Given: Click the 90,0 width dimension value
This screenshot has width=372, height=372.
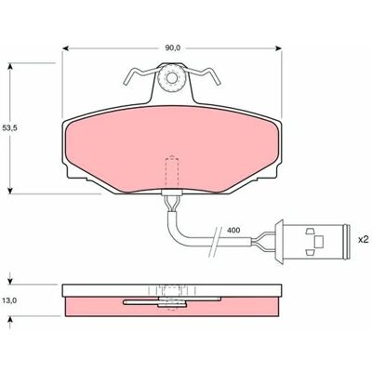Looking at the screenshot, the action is (x=171, y=48).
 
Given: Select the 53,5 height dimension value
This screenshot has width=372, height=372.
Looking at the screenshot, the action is (x=9, y=128).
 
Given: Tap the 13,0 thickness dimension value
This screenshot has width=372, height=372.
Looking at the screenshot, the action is (x=9, y=300).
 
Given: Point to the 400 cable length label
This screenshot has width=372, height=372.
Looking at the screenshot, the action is (x=232, y=231).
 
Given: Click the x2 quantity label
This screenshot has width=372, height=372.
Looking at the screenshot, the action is (x=363, y=239).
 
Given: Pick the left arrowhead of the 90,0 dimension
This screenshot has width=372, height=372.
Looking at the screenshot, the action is (x=65, y=48).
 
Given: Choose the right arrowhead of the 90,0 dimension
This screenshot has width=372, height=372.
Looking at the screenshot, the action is (x=279, y=48).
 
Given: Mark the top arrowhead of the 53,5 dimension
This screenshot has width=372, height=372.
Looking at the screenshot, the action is (x=10, y=66).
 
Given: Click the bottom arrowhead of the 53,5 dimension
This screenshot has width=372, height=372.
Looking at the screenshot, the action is (x=10, y=191).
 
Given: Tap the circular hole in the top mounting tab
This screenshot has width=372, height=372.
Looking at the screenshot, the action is (x=171, y=77).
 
